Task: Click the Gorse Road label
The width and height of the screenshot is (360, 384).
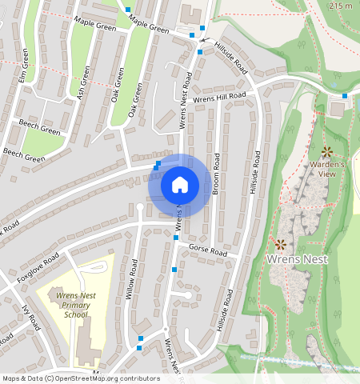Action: (208, 250)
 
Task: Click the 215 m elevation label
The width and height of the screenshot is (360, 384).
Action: (340, 6)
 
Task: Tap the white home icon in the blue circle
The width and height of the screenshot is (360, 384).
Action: (180, 185)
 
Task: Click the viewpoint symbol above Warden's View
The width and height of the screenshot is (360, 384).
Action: (326, 151)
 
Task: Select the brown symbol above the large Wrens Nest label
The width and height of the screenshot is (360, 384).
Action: (281, 244)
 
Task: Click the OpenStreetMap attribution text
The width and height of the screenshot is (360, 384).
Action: (81, 378)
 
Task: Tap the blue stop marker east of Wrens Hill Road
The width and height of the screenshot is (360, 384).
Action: (345, 97)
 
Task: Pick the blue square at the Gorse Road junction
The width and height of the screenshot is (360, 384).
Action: (176, 238)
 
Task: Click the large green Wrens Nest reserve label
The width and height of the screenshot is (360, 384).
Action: (294, 261)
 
